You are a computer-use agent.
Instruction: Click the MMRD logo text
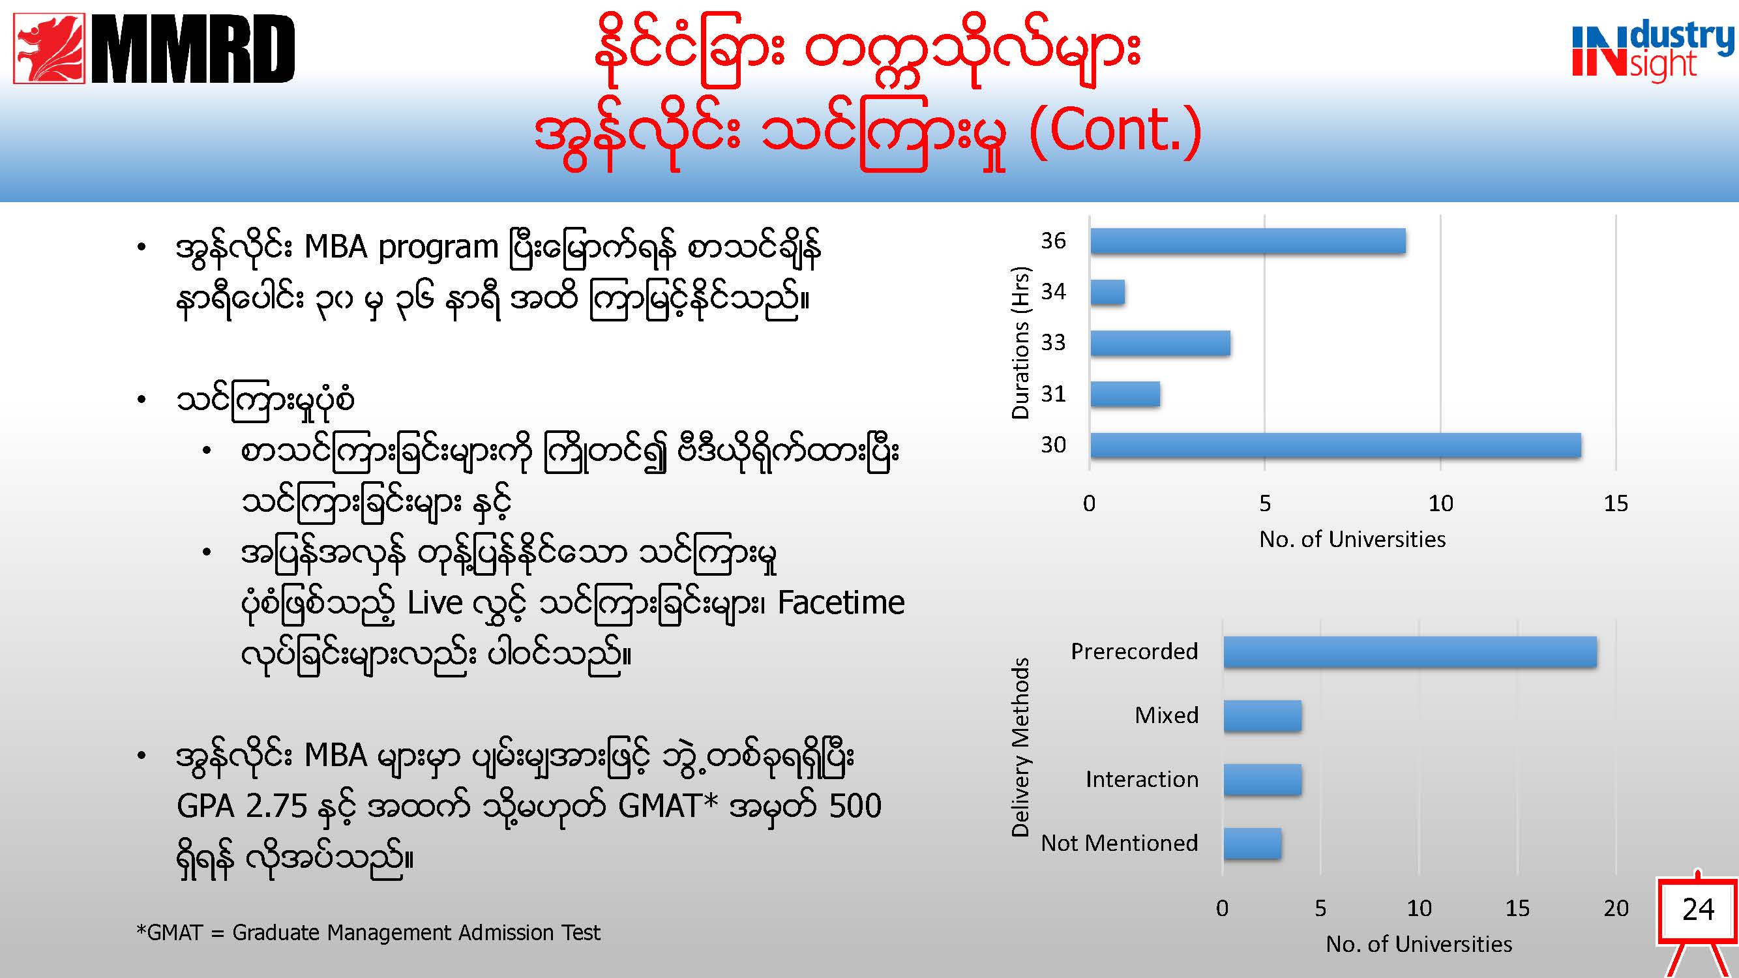click(x=193, y=50)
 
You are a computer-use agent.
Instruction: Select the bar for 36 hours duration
click(x=1248, y=241)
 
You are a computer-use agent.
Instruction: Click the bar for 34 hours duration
click(x=1108, y=292)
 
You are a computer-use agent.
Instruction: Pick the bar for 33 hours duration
click(x=1161, y=343)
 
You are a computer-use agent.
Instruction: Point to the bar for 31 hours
click(x=1125, y=394)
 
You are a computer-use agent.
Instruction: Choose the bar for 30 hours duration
click(x=1336, y=445)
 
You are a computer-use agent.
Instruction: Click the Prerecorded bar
click(x=1410, y=652)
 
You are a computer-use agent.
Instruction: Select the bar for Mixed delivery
click(x=1262, y=715)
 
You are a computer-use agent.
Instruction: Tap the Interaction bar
click(x=1262, y=780)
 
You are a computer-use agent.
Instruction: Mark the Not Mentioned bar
click(x=1253, y=844)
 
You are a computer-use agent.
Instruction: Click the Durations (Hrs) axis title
click(x=1020, y=343)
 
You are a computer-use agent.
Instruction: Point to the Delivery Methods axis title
click(x=1020, y=747)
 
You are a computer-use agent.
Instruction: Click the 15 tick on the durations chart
click(x=1616, y=503)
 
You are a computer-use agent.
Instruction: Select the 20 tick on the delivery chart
click(x=1616, y=908)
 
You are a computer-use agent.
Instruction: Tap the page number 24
click(x=1699, y=910)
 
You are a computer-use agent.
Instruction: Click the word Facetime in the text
click(x=841, y=602)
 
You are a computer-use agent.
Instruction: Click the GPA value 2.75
click(x=276, y=807)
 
